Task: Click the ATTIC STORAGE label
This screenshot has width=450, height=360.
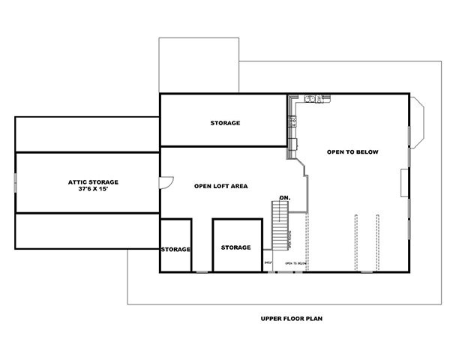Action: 93,181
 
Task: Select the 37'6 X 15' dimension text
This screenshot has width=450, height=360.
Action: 93,189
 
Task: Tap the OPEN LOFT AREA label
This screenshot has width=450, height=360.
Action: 220,186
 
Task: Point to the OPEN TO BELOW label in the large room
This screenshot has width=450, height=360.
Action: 352,152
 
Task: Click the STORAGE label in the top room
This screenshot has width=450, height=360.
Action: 225,123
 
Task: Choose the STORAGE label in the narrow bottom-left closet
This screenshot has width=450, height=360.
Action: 175,249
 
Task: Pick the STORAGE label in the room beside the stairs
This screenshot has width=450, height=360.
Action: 235,247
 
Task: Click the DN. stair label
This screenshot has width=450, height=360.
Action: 284,198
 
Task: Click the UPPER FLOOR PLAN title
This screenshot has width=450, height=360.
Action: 292,318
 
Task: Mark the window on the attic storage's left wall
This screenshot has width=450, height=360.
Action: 16,182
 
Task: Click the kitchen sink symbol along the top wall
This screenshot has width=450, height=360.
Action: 312,97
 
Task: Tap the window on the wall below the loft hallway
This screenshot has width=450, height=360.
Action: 201,271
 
